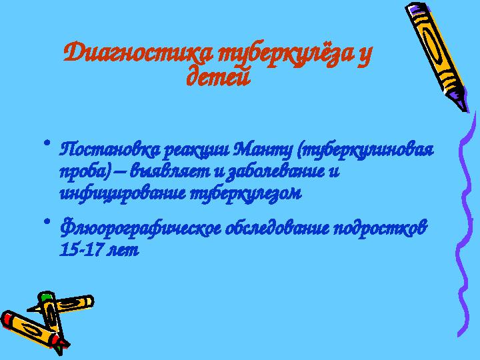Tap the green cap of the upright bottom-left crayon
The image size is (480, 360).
click(46, 297)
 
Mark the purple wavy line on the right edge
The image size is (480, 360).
click(464, 220)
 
